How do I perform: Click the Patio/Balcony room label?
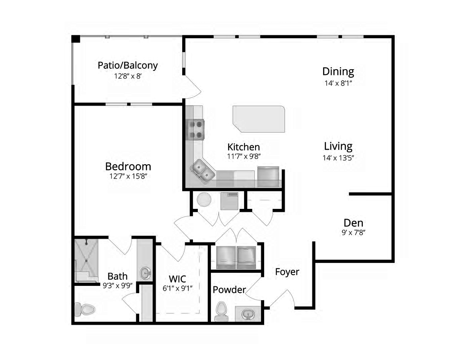click(128, 65)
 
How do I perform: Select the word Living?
click(338, 146)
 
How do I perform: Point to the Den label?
click(353, 223)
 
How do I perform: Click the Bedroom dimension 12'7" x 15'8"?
click(128, 177)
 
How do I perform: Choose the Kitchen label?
click(244, 147)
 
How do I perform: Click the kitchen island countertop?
click(259, 118)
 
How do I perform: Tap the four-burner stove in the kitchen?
click(196, 129)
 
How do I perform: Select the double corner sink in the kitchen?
click(203, 170)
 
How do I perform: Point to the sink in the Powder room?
click(248, 314)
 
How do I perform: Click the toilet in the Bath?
click(84, 309)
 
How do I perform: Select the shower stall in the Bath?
click(86, 260)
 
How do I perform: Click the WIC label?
click(177, 279)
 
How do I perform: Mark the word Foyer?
click(287, 272)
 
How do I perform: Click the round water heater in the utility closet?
click(204, 200)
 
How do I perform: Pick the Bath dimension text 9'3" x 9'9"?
click(117, 285)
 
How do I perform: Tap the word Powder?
click(229, 290)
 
